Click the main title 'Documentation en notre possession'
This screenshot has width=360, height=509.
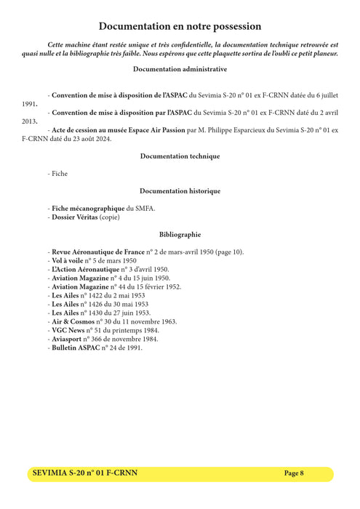pos(180,26)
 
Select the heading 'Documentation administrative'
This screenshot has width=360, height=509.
pos(180,69)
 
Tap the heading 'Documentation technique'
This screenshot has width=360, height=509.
pos(180,156)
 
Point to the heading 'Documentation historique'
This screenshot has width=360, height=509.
pos(180,191)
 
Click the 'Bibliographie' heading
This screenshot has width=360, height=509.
pos(180,235)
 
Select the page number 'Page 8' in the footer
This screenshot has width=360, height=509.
pos(294,473)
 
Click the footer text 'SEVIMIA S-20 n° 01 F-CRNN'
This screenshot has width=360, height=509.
pos(85,473)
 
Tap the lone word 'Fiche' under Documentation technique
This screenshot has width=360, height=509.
pos(59,174)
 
